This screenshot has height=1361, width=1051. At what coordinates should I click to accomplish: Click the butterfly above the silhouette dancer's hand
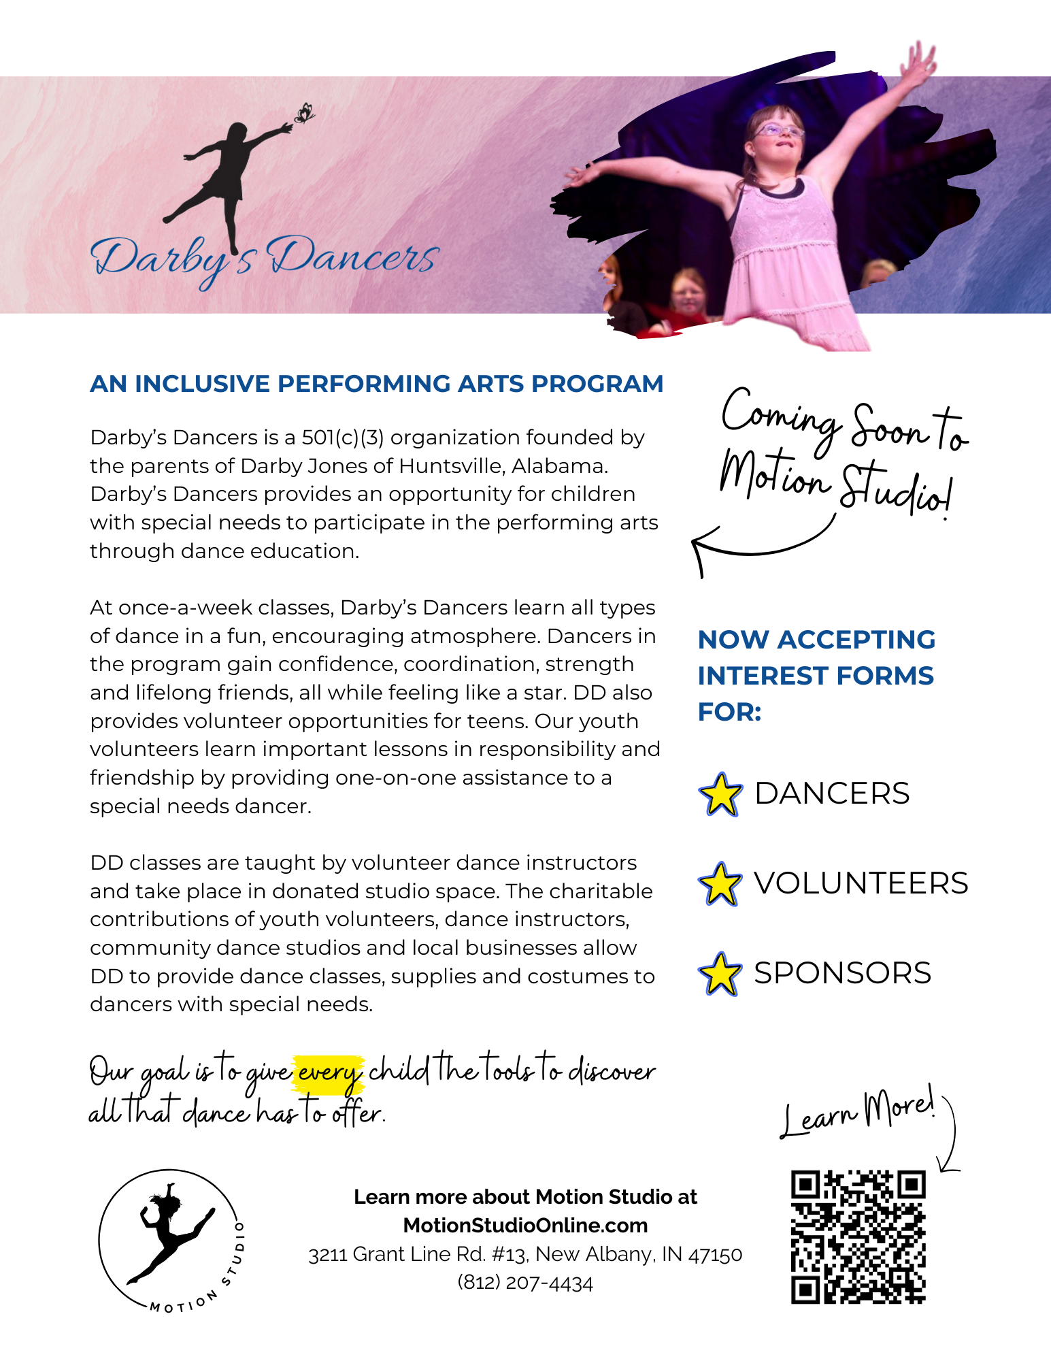pyautogui.click(x=304, y=113)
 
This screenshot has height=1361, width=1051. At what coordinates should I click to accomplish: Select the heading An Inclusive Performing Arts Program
pyautogui.click(x=376, y=384)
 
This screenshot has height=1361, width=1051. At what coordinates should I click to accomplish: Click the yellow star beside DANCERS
pyautogui.click(x=720, y=794)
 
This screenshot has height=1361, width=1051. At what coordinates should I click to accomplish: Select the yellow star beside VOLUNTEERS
pyautogui.click(x=720, y=884)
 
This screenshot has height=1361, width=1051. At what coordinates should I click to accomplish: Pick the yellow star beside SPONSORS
pyautogui.click(x=720, y=974)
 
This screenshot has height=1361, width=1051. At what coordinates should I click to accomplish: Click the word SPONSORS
pyautogui.click(x=842, y=973)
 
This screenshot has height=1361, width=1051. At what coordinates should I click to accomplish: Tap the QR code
pyautogui.click(x=858, y=1236)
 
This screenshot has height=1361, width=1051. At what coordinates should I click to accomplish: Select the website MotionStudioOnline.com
pyautogui.click(x=525, y=1226)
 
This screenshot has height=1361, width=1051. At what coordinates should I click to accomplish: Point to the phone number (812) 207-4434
pyautogui.click(x=525, y=1283)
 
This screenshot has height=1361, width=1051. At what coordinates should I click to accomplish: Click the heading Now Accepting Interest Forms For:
pyautogui.click(x=816, y=675)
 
